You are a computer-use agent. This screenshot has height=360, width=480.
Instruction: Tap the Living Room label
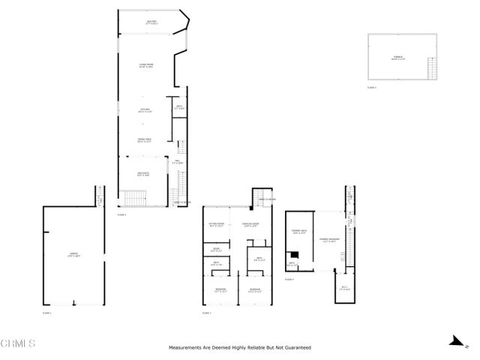coord(146,67)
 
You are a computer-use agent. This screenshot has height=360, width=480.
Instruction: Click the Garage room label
coord(74,256)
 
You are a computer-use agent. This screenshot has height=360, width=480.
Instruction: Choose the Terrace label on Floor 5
coord(397,59)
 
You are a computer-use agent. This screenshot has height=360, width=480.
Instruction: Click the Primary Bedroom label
coord(329,240)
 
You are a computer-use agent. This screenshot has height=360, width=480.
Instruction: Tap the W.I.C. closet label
coord(345,287)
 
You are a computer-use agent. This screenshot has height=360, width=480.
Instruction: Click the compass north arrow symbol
coord(454,340)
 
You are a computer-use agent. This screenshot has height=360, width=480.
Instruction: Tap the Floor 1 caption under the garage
coord(46,313)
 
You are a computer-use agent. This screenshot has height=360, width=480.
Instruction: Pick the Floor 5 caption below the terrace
coord(372,88)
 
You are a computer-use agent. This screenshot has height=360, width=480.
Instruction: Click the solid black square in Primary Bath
coord(295,254)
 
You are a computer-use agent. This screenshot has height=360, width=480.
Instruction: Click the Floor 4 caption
coord(289,280)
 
